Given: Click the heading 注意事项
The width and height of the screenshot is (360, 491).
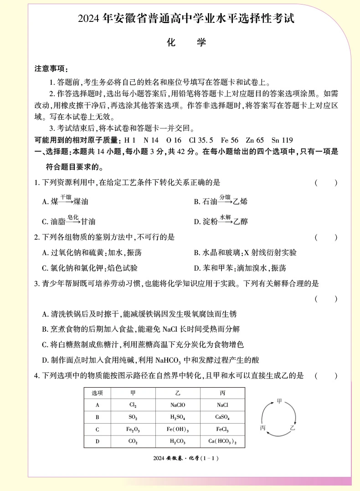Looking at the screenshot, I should click(x=51, y=69).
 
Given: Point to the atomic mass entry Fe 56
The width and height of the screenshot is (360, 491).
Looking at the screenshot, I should click(x=228, y=140).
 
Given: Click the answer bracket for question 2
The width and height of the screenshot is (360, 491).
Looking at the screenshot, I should click(x=326, y=237).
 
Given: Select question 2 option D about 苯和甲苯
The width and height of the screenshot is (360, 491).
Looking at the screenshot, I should click(x=240, y=268).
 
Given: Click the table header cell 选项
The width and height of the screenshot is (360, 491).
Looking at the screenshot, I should click(x=98, y=393).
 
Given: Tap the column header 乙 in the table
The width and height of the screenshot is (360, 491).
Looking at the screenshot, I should click(x=178, y=393).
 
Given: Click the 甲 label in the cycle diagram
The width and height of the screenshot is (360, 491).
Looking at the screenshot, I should click(x=279, y=401).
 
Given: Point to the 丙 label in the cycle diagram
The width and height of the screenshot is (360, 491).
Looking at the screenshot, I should click(x=262, y=428).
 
